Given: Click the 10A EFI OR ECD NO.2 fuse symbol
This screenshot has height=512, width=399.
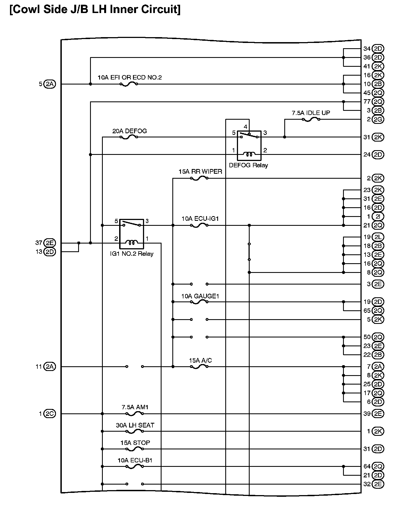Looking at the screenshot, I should click(129, 84).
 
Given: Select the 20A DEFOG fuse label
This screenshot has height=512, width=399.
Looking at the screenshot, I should click(129, 131).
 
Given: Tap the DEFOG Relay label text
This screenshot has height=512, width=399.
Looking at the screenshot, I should click(248, 165).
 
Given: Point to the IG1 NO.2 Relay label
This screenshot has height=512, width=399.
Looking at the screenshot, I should click(132, 254).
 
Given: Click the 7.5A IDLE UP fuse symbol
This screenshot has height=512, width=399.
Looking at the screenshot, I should click(311, 119).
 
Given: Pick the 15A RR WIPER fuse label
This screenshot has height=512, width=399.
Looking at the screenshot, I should click(200, 171).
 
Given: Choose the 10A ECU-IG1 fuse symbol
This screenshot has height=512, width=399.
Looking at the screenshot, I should click(199, 226).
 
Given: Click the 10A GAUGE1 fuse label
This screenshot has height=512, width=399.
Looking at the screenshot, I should click(200, 296).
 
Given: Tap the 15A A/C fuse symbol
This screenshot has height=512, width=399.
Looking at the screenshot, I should click(199, 367).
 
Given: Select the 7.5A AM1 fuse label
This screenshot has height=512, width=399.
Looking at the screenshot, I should click(135, 407).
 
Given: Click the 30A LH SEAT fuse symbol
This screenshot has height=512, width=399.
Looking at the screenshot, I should click(135, 431).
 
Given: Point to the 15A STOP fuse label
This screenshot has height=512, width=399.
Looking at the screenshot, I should click(135, 443).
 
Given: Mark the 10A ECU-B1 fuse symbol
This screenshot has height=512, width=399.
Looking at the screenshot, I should click(135, 467).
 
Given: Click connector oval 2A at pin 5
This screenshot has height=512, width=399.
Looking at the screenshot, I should click(50, 84).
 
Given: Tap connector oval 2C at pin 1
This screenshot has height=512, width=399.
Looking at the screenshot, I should click(50, 414).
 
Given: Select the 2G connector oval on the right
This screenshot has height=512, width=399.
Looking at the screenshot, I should click(378, 119).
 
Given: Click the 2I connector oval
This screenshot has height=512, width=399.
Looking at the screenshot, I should click(378, 216).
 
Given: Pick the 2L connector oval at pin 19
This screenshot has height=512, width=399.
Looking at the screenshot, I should click(378, 237).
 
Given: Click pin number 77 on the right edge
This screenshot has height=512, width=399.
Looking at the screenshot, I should click(367, 102).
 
